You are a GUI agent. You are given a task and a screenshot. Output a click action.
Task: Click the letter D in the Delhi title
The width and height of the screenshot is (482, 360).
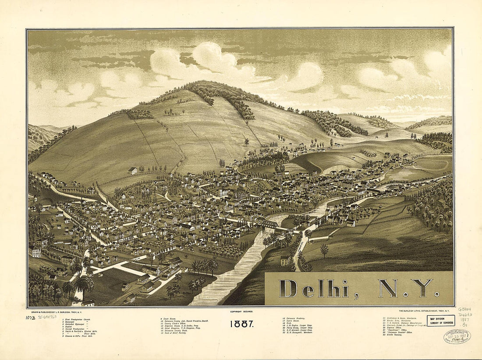[289, 289]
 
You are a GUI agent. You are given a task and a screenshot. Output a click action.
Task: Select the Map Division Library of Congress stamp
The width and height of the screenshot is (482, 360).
[441, 321]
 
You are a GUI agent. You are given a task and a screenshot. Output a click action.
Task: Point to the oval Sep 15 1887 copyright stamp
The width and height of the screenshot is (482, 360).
[457, 336]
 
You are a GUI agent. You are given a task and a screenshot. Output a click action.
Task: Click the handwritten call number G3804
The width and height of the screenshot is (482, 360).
[465, 310]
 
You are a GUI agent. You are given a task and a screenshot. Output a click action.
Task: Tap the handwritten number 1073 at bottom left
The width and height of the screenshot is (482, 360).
[30, 317]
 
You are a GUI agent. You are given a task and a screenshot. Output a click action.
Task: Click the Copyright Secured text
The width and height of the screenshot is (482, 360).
[241, 311]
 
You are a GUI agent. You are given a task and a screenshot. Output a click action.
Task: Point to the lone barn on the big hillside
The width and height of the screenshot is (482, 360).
[133, 171]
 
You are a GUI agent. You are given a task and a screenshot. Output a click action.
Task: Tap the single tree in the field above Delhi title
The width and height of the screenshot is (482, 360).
[324, 250]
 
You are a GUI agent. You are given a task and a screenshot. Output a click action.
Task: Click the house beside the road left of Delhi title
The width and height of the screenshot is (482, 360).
[285, 260]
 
